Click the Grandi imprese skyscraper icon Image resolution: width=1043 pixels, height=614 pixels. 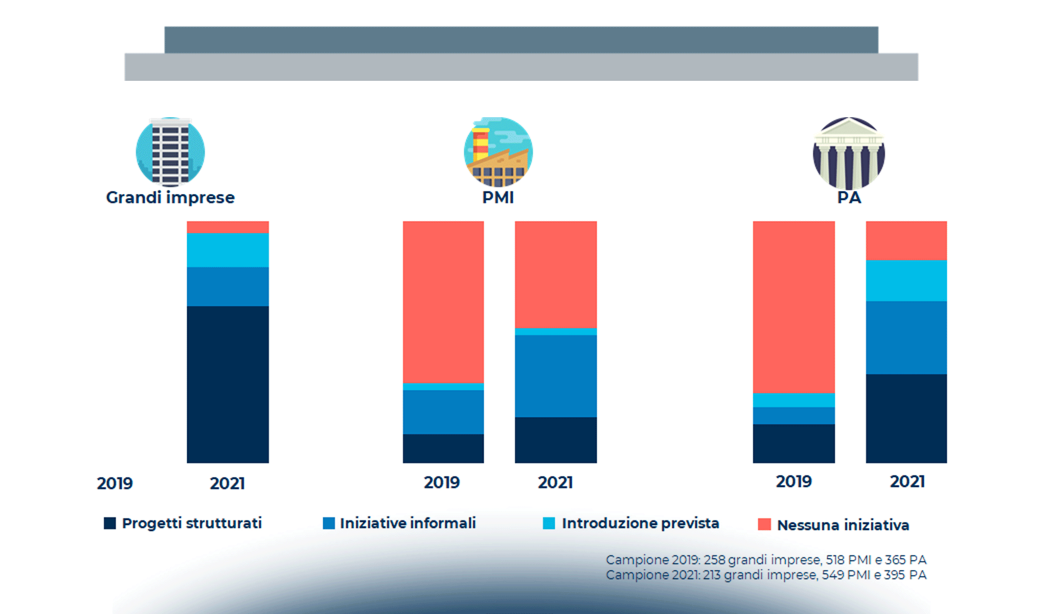coord(170,152)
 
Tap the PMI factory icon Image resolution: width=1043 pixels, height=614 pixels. coord(498,152)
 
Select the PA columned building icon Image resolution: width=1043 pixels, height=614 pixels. coord(849,153)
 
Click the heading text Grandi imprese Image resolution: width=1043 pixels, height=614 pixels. coord(170,198)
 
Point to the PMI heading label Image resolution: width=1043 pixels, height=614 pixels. coord(498,198)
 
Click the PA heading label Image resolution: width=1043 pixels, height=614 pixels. coord(849,198)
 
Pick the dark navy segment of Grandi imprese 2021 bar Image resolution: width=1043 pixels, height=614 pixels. coord(228,384)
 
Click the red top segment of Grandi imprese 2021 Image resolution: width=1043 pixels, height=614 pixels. coord(228,227)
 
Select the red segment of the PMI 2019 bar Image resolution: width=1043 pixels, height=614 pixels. coord(443,302)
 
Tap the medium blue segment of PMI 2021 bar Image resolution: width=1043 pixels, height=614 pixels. coord(556,376)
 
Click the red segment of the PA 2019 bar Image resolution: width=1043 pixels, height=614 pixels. coord(793,307)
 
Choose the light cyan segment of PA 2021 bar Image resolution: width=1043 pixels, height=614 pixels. coord(906,281)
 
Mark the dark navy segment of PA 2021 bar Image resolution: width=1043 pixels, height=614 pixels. coord(906,419)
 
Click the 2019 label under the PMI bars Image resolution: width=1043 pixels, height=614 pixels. coord(442,483)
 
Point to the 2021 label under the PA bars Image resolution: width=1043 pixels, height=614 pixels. coord(908,481)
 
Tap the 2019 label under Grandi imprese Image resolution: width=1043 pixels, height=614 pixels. coord(115,484)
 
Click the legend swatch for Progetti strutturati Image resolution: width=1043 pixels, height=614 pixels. coord(110,523)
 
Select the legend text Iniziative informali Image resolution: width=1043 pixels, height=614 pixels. coord(407,523)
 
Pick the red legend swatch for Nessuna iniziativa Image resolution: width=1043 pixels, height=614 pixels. coord(764,524)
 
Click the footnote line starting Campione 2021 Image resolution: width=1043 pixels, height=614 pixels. coord(766,575)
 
